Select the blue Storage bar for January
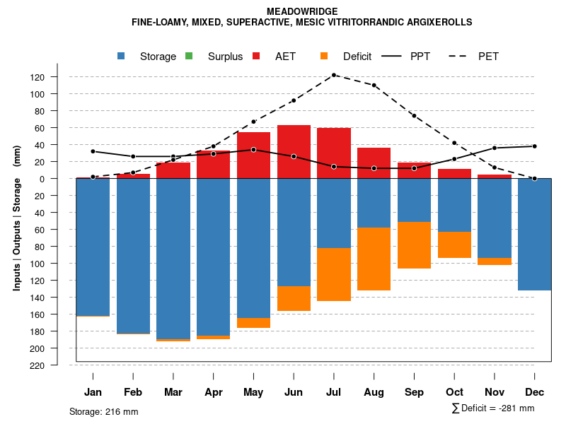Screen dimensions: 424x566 click(x=93, y=247)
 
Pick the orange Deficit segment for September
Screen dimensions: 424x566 click(x=414, y=245)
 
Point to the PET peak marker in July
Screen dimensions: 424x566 click(x=334, y=75)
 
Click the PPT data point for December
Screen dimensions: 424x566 click(x=534, y=146)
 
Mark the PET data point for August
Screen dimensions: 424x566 click(x=374, y=85)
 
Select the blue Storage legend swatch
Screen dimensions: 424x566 click(x=122, y=56)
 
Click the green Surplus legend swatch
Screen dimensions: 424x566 click(x=190, y=56)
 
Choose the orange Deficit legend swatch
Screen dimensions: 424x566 click(x=325, y=56)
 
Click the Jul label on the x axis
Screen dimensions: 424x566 click(x=334, y=392)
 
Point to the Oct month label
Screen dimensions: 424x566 click(x=454, y=392)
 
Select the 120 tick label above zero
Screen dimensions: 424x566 click(x=57, y=77)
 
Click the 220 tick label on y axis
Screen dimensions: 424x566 click(x=57, y=365)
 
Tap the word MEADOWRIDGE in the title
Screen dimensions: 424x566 click(x=302, y=11)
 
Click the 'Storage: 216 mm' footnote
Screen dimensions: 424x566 click(x=103, y=411)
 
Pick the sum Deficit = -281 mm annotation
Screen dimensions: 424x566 click(x=492, y=408)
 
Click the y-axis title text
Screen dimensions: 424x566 click(x=17, y=218)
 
